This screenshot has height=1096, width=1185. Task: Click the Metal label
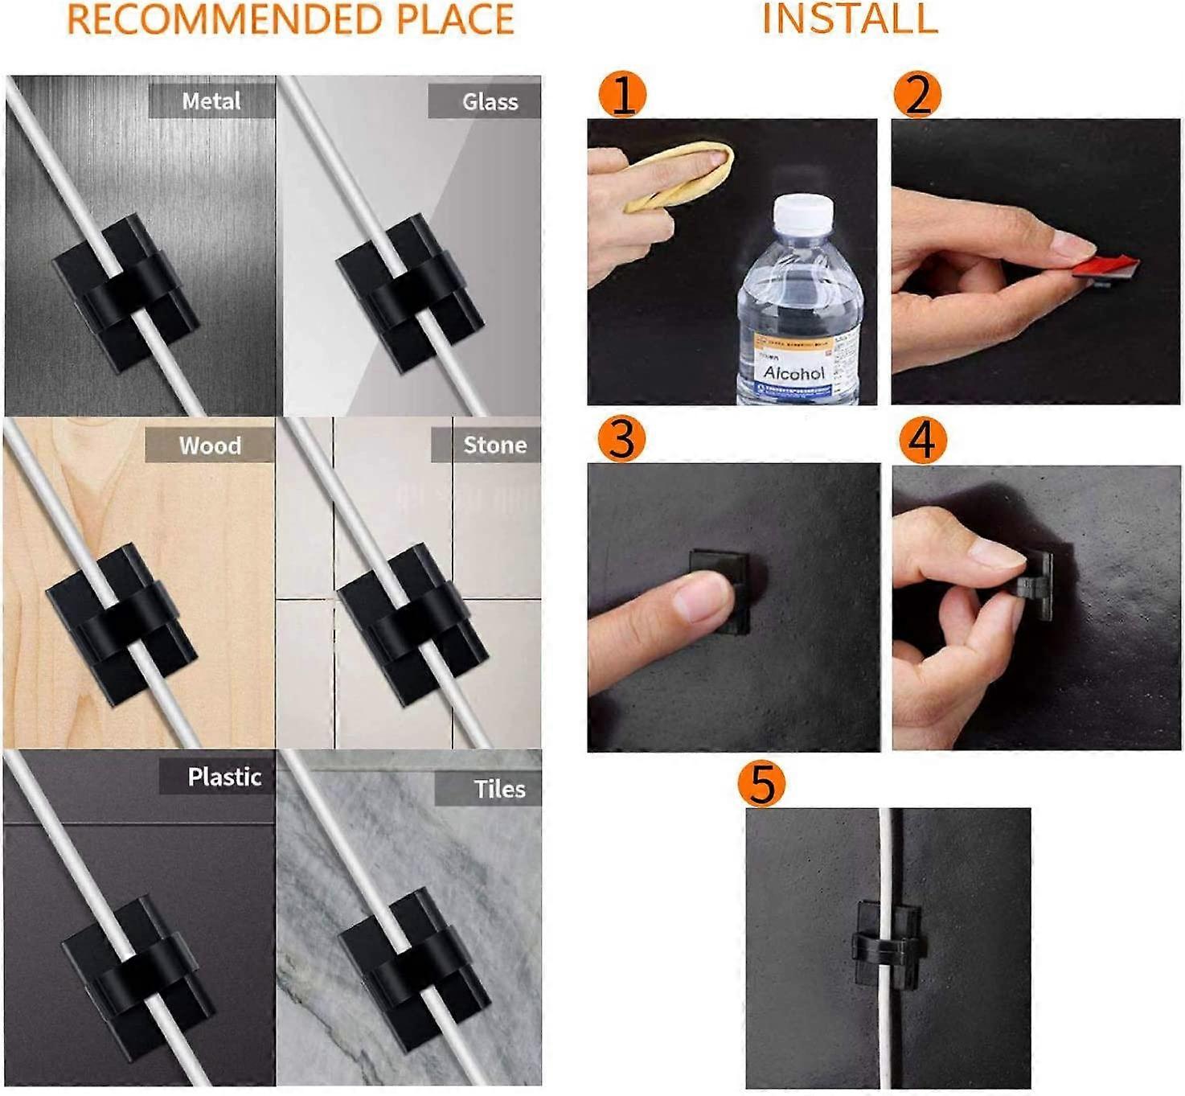(x=211, y=101)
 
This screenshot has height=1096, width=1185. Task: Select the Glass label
(x=489, y=102)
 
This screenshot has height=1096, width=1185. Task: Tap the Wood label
(x=210, y=445)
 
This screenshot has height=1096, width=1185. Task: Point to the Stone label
(x=494, y=445)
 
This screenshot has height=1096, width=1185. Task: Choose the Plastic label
(x=223, y=777)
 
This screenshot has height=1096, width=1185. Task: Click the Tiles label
(x=498, y=789)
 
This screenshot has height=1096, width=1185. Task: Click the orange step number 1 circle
(x=622, y=94)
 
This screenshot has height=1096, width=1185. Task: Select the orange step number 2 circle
(x=918, y=94)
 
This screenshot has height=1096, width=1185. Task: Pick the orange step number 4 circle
(x=922, y=440)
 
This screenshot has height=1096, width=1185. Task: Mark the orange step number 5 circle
(x=761, y=783)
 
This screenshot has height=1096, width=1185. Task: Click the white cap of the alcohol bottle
(x=803, y=213)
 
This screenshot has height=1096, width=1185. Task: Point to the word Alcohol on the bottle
(x=793, y=373)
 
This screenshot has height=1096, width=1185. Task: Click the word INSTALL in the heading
(x=850, y=19)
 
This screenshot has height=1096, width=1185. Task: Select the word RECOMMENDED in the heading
(x=221, y=19)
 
